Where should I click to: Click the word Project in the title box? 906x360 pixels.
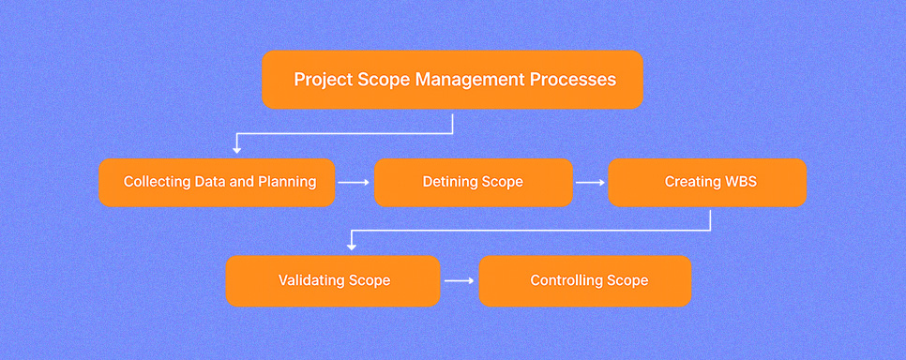click(x=323, y=80)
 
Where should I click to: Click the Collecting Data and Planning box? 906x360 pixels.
click(x=217, y=183)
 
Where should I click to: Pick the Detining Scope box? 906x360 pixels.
click(x=474, y=183)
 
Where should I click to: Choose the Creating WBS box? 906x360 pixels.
click(x=707, y=183)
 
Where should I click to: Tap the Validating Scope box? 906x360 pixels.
click(x=333, y=281)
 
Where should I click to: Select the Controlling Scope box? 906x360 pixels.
click(x=585, y=281)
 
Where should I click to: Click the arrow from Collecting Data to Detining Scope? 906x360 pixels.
click(x=354, y=183)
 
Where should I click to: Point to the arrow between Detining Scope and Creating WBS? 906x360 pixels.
click(x=590, y=183)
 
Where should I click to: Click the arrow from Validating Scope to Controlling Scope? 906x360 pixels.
click(x=459, y=281)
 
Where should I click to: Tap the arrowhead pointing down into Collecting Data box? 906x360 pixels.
click(x=235, y=150)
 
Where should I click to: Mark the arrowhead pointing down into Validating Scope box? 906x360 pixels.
click(x=351, y=247)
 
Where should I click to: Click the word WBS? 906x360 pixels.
click(x=741, y=182)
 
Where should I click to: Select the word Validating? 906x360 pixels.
click(x=312, y=281)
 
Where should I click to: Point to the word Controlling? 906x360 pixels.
click(x=566, y=281)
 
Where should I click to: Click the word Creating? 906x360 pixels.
click(x=693, y=182)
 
